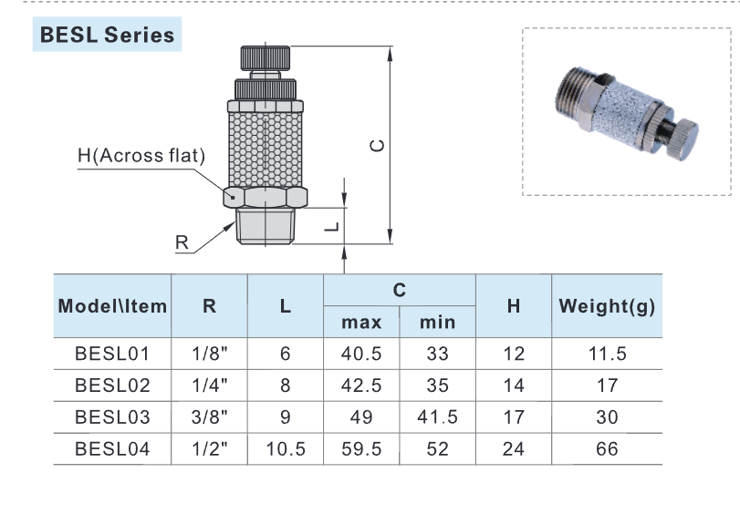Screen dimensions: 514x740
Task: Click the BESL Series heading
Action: [106, 36]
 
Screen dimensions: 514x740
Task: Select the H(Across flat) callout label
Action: [141, 156]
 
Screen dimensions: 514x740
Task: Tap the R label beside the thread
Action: [182, 242]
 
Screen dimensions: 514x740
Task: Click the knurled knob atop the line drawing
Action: [266, 57]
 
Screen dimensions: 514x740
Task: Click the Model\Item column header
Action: [112, 306]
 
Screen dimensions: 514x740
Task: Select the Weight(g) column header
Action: [607, 306]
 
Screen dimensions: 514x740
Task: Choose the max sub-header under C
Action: [361, 322]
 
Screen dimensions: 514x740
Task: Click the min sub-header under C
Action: [437, 322]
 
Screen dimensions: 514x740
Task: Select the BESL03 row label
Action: [111, 417]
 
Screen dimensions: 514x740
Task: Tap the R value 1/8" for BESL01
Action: [209, 354]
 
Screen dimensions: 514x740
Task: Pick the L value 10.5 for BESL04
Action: [286, 449]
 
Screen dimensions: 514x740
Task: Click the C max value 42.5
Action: [361, 385]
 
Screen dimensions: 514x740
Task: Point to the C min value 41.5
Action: [437, 417]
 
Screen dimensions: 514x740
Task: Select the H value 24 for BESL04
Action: [514, 449]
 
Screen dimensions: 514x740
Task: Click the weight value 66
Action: [607, 449]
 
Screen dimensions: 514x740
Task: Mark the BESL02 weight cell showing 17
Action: [607, 385]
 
